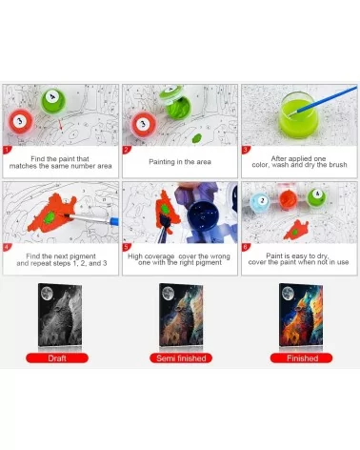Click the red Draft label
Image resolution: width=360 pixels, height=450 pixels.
[x=57, y=358]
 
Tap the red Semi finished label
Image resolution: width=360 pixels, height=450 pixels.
[x=181, y=358]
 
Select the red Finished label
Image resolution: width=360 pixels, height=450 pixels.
[x=302, y=358]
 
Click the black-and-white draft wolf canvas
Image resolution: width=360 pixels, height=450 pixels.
[x=60, y=315]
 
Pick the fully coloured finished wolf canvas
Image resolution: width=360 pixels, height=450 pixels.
[x=301, y=315]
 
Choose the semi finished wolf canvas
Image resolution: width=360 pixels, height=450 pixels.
[x=181, y=315]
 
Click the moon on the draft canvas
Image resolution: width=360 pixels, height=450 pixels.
[x=47, y=293]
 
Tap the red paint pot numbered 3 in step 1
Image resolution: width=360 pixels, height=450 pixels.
[x=20, y=121]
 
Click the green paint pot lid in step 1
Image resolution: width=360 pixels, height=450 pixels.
[x=53, y=101]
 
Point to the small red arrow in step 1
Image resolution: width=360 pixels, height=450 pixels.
[x=60, y=124]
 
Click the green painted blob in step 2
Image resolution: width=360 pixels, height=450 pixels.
[x=197, y=138]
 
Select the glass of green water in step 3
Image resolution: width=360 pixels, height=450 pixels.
[x=298, y=115]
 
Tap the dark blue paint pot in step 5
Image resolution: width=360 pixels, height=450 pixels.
[x=203, y=214]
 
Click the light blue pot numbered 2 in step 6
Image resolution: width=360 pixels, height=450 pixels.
[x=262, y=202]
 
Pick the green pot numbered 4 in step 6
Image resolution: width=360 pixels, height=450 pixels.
[x=317, y=196]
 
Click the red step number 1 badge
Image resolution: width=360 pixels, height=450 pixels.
[x=7, y=150]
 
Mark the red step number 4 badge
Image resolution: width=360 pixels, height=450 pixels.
[x=7, y=247]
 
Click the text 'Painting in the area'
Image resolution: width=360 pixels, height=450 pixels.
[x=180, y=162]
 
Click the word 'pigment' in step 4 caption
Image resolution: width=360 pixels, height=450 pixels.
[x=82, y=256]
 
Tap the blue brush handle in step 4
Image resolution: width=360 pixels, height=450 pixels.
[x=113, y=220]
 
